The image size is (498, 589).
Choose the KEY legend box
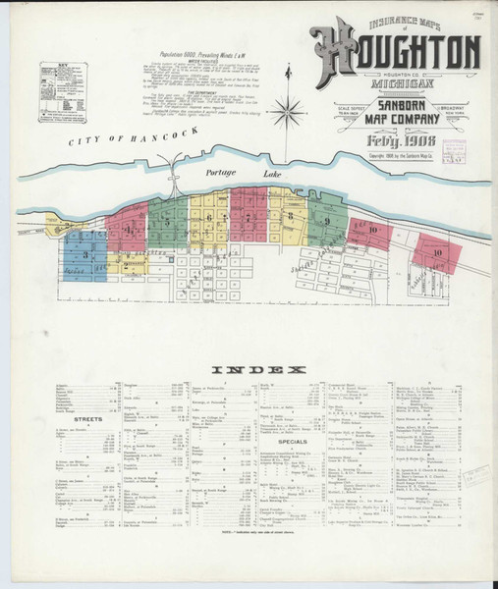[63, 92]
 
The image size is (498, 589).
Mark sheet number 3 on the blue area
[86, 254]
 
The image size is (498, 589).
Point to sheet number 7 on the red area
[248, 216]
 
